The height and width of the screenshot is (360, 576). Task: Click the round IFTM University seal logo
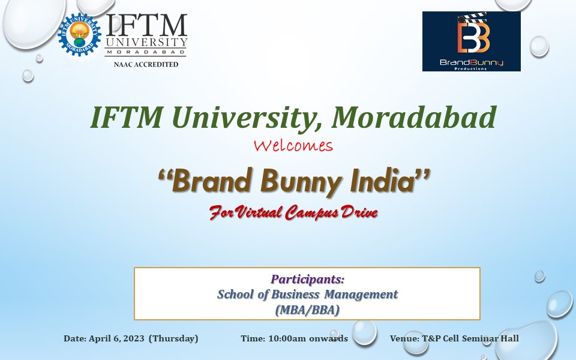[79, 35]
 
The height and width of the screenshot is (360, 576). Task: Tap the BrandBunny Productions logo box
[472, 41]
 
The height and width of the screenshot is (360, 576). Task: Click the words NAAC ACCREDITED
[146, 64]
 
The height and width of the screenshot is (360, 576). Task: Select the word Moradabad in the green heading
[413, 118]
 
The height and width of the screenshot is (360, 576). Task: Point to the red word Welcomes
[293, 145]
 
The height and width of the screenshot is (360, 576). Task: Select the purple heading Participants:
[307, 279]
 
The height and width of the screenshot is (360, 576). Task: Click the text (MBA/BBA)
[307, 310]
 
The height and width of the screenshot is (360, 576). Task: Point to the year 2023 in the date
[134, 338]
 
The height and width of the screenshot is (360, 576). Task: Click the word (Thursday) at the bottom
[173, 338]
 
